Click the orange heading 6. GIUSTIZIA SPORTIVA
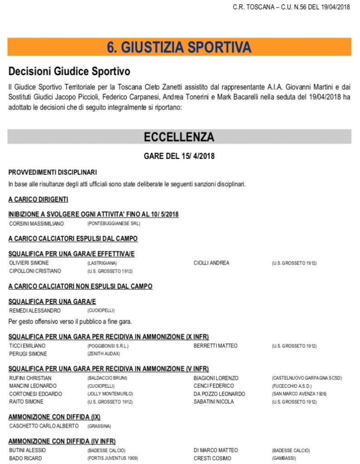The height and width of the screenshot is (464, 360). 179,47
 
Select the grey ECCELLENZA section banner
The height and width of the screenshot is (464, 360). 179,136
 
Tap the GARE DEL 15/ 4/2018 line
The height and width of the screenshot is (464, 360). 179,156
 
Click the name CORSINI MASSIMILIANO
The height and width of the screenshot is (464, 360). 37,223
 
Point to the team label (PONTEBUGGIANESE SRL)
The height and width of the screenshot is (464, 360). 114,223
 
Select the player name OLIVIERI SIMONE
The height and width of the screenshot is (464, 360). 29,263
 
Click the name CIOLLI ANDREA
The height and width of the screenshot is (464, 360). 211,263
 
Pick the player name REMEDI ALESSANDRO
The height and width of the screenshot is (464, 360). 35,311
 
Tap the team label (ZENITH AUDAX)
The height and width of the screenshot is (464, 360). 103,354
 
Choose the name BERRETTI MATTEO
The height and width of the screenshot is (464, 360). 216,346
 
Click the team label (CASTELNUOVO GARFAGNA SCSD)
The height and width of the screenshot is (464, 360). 307,378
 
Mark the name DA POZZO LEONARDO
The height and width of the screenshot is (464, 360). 219,394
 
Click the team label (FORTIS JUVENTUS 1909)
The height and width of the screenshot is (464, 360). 112,458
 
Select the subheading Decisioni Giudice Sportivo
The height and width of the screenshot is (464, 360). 69,72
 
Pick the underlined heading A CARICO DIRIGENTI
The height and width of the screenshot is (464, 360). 38,199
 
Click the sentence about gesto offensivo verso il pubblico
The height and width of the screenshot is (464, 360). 70,321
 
